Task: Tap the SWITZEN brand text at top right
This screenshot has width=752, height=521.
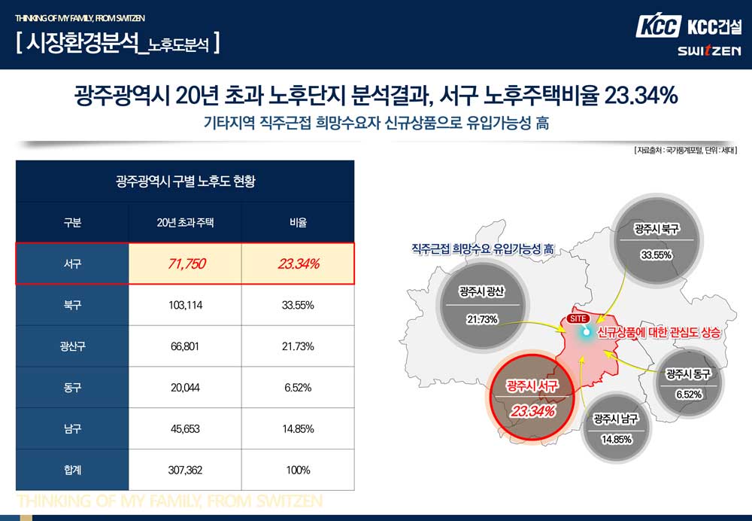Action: (x=708, y=51)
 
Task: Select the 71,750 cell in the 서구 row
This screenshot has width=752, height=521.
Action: (x=185, y=264)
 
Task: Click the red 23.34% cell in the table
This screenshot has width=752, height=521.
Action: (x=299, y=264)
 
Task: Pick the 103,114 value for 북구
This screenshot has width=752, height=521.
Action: (x=185, y=305)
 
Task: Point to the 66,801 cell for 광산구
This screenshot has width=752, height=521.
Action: (x=185, y=346)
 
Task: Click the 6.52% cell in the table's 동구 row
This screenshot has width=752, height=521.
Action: (x=299, y=388)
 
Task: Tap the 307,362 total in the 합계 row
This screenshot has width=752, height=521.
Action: (x=185, y=470)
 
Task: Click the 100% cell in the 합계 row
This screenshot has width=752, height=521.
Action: (x=299, y=470)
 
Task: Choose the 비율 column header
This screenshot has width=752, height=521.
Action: (x=299, y=223)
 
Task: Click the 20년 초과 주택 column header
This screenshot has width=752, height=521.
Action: (x=185, y=223)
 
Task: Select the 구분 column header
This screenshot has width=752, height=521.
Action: (x=72, y=223)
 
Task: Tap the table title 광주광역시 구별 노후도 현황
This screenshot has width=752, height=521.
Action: (x=185, y=181)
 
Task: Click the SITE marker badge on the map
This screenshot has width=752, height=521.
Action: (x=578, y=318)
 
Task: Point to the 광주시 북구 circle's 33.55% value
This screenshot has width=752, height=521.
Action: (x=656, y=254)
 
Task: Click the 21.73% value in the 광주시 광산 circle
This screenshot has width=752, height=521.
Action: (x=482, y=319)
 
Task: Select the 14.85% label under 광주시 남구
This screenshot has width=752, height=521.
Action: (x=616, y=440)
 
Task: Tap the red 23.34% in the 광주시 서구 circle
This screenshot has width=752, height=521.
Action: (x=532, y=411)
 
